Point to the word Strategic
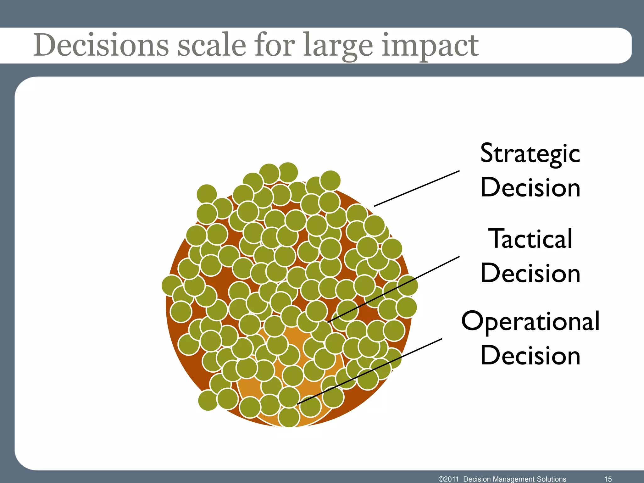tap(530, 154)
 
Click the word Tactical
tap(530, 239)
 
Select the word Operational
tap(530, 321)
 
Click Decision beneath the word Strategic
tap(530, 188)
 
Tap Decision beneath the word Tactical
tap(530, 273)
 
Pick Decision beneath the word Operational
tap(530, 356)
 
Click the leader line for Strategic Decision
tap(417, 188)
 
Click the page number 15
tap(608, 479)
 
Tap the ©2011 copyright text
tap(449, 479)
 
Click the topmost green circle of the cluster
tap(288, 172)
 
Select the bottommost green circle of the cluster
tap(289, 417)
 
